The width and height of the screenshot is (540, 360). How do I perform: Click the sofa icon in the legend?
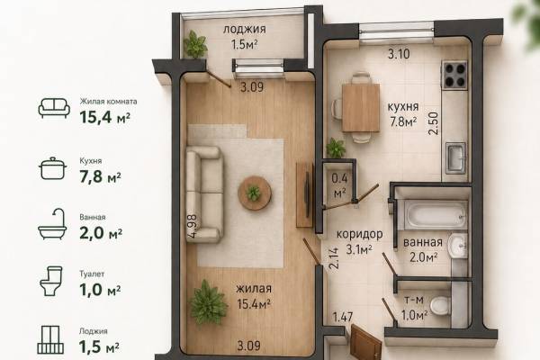54,108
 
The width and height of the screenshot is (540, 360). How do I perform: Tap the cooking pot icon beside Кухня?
53,168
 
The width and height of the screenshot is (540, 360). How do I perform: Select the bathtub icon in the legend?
52,224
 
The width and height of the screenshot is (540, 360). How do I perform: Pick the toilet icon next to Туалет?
51,281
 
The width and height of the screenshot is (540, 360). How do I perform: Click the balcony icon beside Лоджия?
50,339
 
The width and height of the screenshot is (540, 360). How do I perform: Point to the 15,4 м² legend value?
104,117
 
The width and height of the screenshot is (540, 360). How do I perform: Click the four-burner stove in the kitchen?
454,74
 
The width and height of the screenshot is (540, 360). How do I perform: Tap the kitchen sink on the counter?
456,157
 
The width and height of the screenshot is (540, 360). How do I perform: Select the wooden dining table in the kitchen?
361,108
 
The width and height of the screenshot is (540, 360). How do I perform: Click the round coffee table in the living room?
255,193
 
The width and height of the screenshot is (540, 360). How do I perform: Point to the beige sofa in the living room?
204,194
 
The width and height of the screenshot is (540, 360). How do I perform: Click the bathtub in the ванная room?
435,215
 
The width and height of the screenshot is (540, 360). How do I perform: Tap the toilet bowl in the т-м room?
440,306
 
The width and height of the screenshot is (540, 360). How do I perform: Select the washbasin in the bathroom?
458,246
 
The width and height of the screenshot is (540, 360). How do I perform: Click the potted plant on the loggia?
195,44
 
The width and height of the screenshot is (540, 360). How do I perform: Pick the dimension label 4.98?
193,226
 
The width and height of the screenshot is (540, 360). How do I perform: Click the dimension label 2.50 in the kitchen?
435,123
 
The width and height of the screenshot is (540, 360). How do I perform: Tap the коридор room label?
359,234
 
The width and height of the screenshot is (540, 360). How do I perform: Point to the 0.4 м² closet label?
339,186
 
